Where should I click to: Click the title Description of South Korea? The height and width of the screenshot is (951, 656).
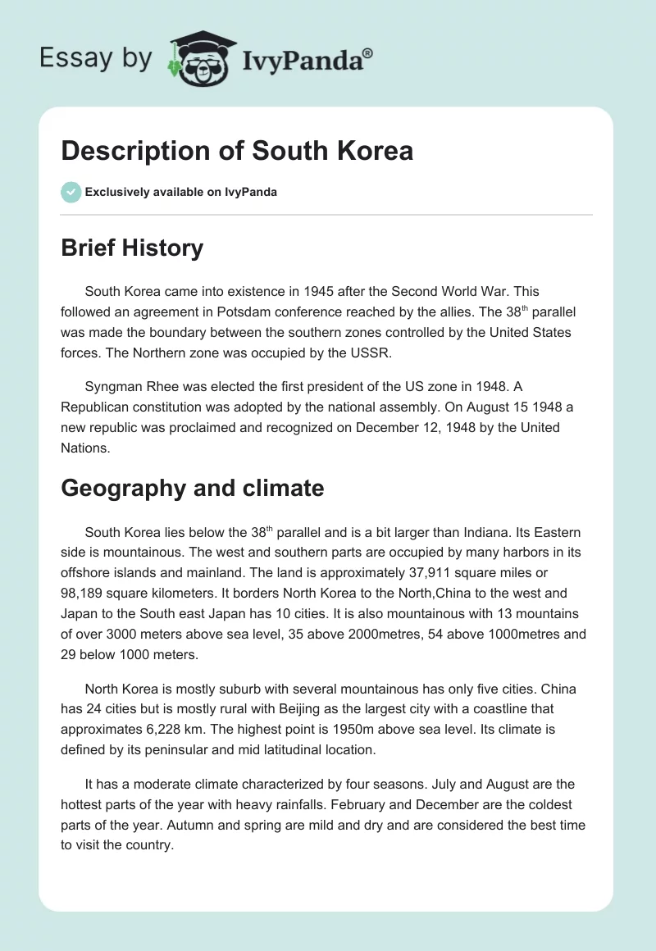pos(237,151)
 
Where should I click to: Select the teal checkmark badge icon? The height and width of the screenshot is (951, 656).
pos(71,192)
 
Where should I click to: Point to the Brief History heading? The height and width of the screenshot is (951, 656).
pos(132,248)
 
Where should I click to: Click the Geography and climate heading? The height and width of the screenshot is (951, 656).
pos(193,488)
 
